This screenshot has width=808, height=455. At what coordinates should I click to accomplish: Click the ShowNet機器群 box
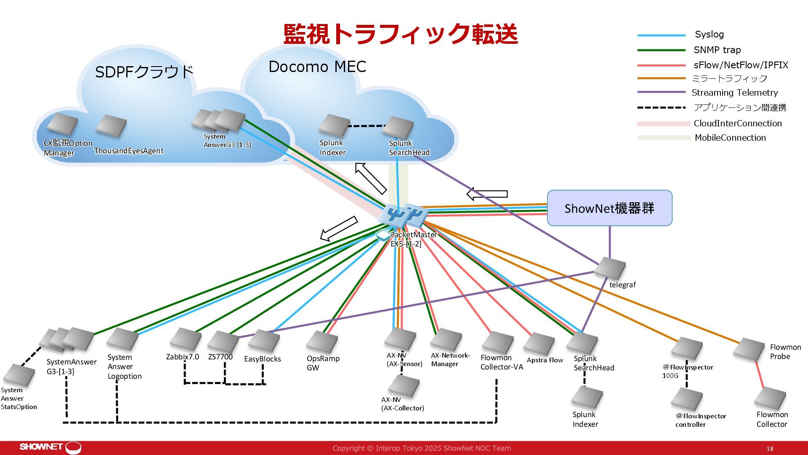tap(609, 208)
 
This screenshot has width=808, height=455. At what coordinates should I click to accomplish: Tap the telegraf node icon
tap(610, 268)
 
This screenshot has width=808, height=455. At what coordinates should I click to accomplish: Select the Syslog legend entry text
tap(709, 35)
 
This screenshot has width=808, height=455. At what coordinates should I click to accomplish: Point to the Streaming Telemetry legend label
tap(735, 93)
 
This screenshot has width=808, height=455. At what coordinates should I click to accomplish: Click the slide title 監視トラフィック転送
tap(401, 34)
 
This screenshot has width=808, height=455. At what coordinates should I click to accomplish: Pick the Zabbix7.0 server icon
tap(186, 339)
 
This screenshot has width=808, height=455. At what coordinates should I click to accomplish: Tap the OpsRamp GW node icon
tap(322, 342)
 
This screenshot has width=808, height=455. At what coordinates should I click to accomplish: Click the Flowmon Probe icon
tap(749, 350)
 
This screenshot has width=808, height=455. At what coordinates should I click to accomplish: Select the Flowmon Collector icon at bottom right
tap(770, 399)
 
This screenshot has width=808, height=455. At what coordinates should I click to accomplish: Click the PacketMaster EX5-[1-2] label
tap(413, 239)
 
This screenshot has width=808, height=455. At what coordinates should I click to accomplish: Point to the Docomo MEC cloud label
tap(317, 67)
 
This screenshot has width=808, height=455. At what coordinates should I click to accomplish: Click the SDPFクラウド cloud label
tap(144, 72)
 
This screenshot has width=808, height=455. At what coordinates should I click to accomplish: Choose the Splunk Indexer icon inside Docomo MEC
tap(334, 126)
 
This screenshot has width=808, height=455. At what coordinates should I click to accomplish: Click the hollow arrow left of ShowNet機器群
tap(487, 194)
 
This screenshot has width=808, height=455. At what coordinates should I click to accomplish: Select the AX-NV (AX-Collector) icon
tap(404, 385)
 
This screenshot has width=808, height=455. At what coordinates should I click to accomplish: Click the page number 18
tap(770, 449)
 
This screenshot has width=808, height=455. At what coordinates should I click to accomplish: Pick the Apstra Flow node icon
tap(539, 344)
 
